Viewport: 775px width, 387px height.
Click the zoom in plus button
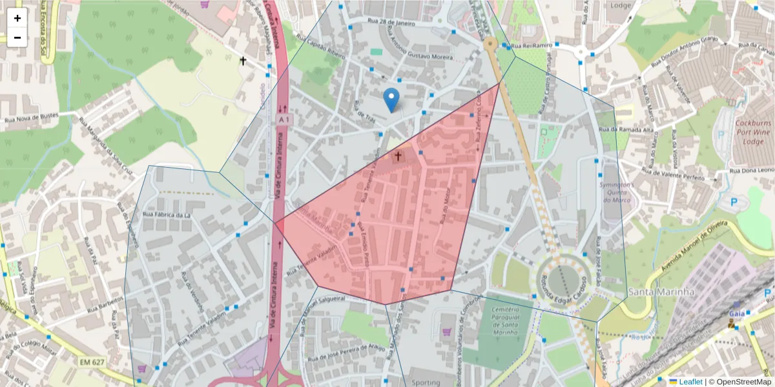click(x=17, y=18)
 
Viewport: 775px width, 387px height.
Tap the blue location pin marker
click(x=391, y=100)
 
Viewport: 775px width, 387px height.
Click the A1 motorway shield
click(x=283, y=120)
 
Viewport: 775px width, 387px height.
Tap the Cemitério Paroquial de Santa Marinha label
click(x=506, y=321)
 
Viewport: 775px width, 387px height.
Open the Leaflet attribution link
click(x=690, y=382)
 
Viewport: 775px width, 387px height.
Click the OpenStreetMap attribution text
click(x=740, y=382)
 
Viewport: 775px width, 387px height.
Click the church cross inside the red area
click(x=398, y=156)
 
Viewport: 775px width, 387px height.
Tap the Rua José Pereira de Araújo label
click(x=346, y=352)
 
